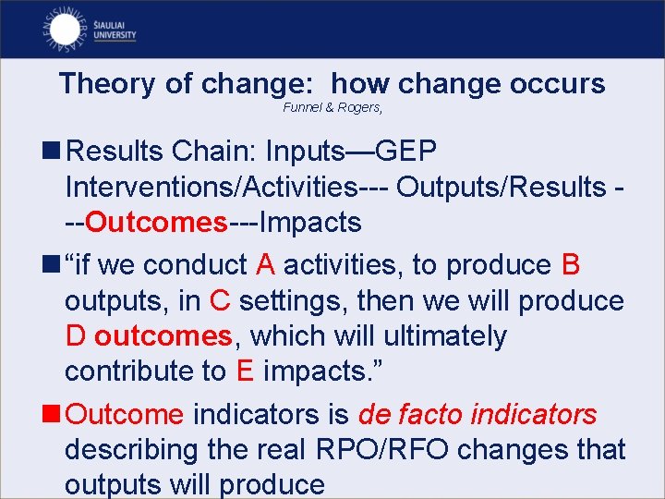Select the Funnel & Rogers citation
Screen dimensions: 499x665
point(332,109)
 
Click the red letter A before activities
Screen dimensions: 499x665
point(265,265)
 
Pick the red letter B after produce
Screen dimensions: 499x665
point(570,265)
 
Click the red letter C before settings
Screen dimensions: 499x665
point(220,301)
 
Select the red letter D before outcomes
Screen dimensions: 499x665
point(76,336)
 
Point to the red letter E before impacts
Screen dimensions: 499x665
point(245,371)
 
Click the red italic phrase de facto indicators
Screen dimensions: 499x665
point(478,415)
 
